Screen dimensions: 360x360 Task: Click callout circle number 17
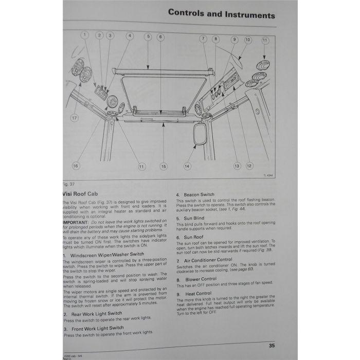(x=74, y=118)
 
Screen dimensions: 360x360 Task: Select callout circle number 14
(x=187, y=166)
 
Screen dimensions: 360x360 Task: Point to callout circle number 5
(x=148, y=37)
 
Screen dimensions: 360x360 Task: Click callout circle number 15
(x=163, y=166)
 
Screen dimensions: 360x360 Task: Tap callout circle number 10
(x=248, y=40)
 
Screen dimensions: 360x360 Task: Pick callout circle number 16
(x=76, y=166)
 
